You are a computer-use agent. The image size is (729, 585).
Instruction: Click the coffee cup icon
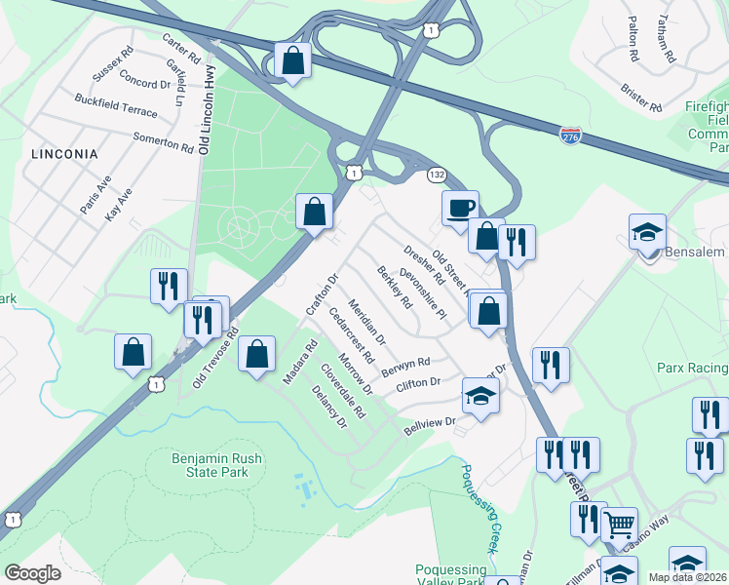coord(460,207)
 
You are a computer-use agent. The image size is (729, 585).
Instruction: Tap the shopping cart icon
coord(619,525)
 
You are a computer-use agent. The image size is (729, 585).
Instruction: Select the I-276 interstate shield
coord(572,136)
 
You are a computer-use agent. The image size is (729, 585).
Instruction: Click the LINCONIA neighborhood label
coord(64,154)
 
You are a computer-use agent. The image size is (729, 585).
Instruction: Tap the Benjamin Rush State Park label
coord(196,465)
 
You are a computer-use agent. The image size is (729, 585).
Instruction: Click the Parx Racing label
coord(692,368)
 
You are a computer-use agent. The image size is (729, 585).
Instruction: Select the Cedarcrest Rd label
coord(352,336)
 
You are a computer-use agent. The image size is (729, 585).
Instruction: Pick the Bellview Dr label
coord(430,424)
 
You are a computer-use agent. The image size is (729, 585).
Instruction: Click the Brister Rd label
coord(641,96)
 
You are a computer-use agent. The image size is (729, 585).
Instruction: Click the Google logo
coord(32,573)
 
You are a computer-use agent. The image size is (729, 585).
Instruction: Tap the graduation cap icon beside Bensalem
coord(647,232)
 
